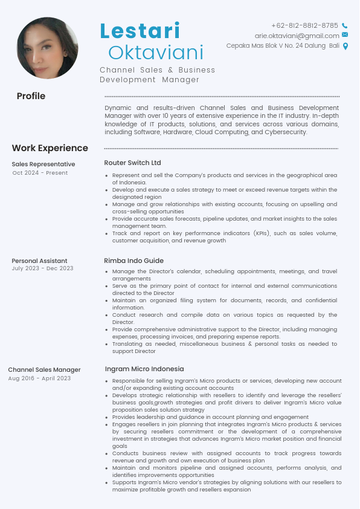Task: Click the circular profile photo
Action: (48, 48)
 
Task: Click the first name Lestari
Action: (140, 31)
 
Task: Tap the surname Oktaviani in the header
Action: (156, 52)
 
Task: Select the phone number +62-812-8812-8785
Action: (304, 25)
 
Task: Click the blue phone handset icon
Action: (345, 26)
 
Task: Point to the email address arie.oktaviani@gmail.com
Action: (297, 36)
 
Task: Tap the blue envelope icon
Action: (345, 35)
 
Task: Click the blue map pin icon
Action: (346, 46)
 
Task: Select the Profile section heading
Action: (31, 96)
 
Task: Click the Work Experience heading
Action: (50, 148)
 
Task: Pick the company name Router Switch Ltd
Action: (132, 163)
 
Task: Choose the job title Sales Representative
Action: (43, 164)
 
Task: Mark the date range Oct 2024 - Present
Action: (40, 173)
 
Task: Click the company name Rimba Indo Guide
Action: (133, 261)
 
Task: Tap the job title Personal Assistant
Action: (39, 261)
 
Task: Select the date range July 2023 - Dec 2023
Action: (42, 268)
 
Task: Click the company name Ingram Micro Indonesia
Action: (144, 369)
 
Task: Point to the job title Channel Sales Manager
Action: (44, 370)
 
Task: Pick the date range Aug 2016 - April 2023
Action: (39, 378)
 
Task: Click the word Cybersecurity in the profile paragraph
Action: (286, 132)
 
